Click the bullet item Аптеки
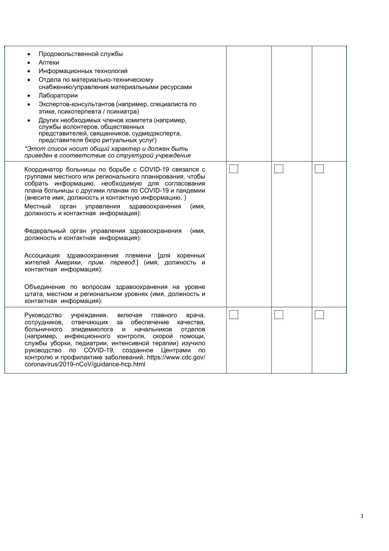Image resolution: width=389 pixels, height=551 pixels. pos(49,63)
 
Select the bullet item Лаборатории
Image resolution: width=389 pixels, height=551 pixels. pos(58,96)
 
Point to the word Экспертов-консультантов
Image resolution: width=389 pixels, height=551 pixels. pos(76,104)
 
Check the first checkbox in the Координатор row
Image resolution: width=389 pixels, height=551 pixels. pos(233,169)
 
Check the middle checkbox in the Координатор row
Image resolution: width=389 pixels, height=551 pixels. pos(279,169)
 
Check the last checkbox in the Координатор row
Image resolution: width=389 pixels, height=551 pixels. pos(319,169)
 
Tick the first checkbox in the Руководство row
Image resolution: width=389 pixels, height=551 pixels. pos(233,315)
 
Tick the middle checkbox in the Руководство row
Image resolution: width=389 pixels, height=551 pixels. pos(279,315)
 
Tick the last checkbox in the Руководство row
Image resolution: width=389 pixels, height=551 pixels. pos(319,315)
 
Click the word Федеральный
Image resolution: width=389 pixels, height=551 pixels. pos(45,231)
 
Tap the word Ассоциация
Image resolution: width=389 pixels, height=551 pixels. pos(42,255)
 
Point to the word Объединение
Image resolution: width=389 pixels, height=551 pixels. pos(45,287)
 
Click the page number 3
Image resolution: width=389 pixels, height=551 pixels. pos(362,516)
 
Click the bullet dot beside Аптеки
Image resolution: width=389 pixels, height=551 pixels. pos(29,63)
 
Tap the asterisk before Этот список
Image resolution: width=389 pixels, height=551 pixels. pos(26,148)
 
